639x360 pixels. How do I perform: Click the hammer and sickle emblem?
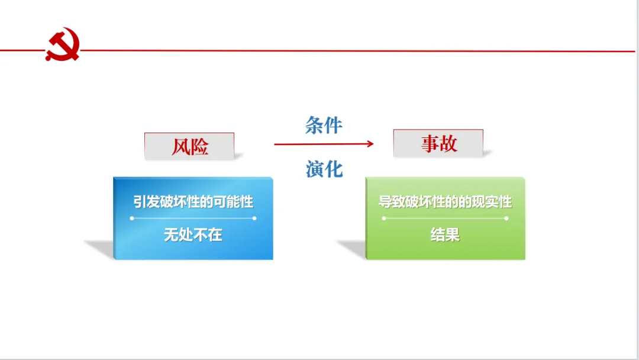pyautogui.click(x=63, y=45)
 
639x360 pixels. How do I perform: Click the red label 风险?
pyautogui.click(x=190, y=146)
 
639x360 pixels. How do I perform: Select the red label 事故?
pyautogui.click(x=438, y=143)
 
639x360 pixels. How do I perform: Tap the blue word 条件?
pyautogui.click(x=324, y=125)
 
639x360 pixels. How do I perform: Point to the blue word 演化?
pyautogui.click(x=324, y=169)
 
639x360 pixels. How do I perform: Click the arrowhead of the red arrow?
pyautogui.click(x=370, y=143)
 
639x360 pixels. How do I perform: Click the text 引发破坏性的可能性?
pyautogui.click(x=193, y=202)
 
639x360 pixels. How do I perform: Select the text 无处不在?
pyautogui.click(x=193, y=235)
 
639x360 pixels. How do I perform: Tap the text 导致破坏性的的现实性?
pyautogui.click(x=445, y=201)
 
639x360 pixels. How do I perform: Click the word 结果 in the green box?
pyautogui.click(x=445, y=235)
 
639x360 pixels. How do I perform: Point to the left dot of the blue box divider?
pyautogui.click(x=132, y=218)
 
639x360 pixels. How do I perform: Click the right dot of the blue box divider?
pyautogui.click(x=254, y=218)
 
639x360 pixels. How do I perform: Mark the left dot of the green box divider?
pyautogui.click(x=384, y=218)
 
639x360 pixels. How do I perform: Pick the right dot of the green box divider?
pyautogui.click(x=506, y=218)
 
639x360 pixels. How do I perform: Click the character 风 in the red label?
pyautogui.click(x=181, y=146)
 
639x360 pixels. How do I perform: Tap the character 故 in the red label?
pyautogui.click(x=448, y=143)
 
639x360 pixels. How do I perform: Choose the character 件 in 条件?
pyautogui.click(x=333, y=125)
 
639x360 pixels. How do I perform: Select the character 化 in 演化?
pyautogui.click(x=334, y=169)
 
